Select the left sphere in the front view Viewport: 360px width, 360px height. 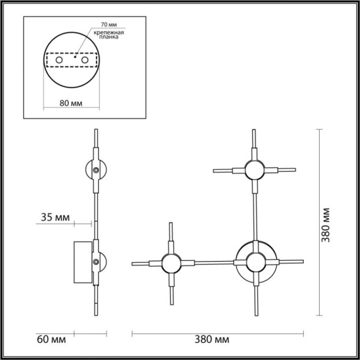[x=169, y=263]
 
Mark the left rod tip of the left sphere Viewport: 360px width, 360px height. [x=134, y=263]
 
